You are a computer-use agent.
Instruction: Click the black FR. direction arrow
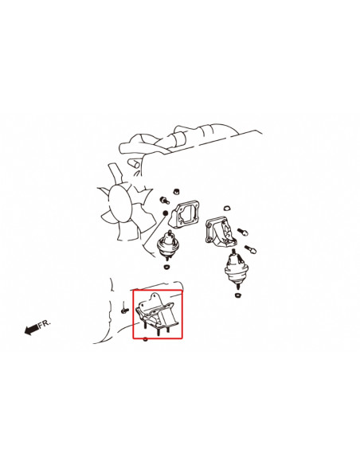point(31,329)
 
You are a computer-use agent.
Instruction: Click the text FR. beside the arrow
point(45,323)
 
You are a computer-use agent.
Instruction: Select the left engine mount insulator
point(166,245)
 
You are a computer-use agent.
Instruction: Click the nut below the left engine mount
point(167,267)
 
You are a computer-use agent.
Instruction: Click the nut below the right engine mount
point(237,295)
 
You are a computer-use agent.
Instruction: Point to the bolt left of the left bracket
point(164,201)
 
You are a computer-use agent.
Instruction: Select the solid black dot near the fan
point(165,213)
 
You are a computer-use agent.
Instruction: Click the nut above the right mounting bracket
point(228,208)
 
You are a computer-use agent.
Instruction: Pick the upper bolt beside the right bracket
point(243,232)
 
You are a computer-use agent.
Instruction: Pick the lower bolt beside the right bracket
point(250,249)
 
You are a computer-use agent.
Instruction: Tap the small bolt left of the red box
point(124,311)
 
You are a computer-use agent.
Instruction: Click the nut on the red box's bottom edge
point(145,339)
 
